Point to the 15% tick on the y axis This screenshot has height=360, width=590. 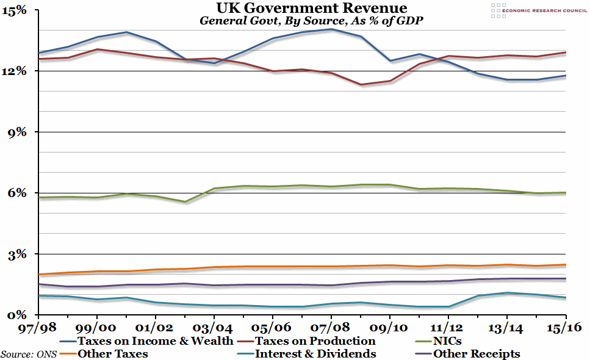[15, 10]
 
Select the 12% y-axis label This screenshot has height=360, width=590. [15, 71]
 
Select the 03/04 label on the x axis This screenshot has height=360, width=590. [214, 328]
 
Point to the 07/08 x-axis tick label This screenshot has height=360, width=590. [331, 328]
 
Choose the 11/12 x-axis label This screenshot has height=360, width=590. [448, 328]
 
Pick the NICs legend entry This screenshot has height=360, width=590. [448, 340]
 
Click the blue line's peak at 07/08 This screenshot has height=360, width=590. [331, 29]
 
